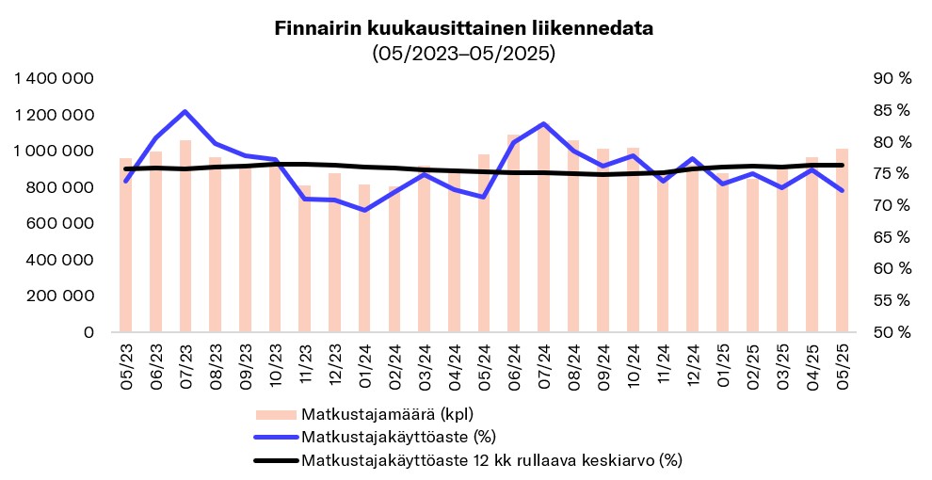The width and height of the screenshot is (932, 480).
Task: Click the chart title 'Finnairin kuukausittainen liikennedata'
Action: (464, 29)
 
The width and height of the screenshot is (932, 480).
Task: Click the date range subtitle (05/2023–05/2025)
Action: (464, 54)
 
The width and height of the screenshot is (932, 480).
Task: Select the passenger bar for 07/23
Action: (185, 235)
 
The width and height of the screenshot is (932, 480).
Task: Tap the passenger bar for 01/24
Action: (364, 258)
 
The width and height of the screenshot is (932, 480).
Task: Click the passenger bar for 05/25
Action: (842, 240)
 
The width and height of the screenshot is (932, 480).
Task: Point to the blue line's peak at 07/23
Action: (185, 112)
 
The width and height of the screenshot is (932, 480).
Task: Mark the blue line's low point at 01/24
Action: (364, 210)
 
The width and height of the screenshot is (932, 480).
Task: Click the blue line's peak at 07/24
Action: (544, 123)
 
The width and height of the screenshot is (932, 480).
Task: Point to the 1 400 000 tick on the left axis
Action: (55, 79)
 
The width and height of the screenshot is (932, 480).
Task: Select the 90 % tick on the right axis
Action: (892, 79)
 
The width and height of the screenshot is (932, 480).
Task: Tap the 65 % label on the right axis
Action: (892, 237)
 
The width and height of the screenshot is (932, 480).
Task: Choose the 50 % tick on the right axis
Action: (892, 332)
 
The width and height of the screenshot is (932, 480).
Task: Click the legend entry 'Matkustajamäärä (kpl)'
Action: (387, 414)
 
